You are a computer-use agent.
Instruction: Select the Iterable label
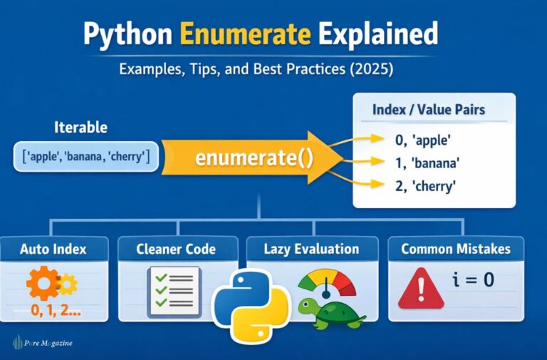coord(80,128)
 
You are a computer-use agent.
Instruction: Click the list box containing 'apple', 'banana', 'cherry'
coord(85,156)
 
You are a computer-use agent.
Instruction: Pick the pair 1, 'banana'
coord(427,164)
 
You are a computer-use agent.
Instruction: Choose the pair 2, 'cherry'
coord(426,187)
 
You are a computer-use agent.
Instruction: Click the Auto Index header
coord(54,249)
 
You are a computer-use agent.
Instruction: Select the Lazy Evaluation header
coord(311,249)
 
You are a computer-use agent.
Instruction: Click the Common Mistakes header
coord(456,249)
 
